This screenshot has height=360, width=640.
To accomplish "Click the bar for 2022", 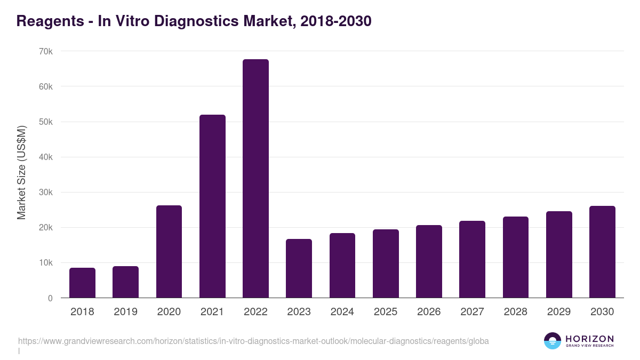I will pos(255,179).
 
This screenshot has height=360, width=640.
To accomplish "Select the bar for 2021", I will pos(212,206).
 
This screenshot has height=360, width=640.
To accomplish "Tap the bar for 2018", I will pos(82,283).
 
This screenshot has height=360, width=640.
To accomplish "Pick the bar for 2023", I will pos(299,268).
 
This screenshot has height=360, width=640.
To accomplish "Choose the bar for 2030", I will pos(602,252).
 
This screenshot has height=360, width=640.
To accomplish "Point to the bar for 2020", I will pos(169,252).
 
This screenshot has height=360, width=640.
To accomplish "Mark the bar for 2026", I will pos(429,261).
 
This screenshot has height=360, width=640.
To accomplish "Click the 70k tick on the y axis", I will pos(46,51).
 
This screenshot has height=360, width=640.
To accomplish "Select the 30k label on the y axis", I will pos(46,193).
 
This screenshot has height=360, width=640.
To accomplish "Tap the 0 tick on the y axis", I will pos(50,298).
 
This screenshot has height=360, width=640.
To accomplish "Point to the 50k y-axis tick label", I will pos(46,122).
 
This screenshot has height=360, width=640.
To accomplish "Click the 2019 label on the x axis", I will pos(125,312).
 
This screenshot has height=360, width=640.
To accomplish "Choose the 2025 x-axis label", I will pos(386,312).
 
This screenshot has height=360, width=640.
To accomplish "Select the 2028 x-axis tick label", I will pos(516,312).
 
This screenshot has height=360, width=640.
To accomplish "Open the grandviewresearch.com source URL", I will pos(253,341).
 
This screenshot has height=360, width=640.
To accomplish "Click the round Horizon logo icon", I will pos(552,341).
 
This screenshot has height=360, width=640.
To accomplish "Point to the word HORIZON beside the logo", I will pos(589,339).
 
